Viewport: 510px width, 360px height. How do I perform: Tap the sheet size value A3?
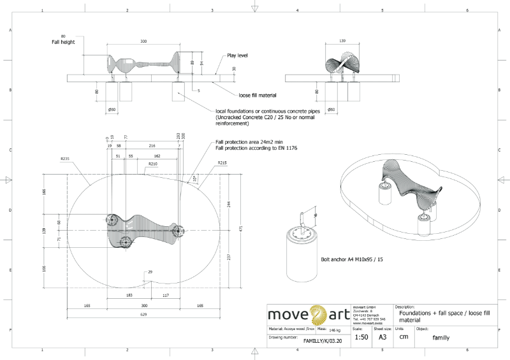[x=382, y=337]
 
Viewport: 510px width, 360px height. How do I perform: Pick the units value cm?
[x=404, y=337]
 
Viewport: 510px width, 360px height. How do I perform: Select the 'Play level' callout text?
[x=237, y=55]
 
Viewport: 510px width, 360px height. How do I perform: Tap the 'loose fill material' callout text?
[x=258, y=95]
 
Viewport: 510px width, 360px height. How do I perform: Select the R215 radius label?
[x=222, y=163]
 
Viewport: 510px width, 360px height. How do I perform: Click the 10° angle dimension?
[x=195, y=178]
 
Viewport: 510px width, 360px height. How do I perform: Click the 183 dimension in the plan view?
[x=129, y=295]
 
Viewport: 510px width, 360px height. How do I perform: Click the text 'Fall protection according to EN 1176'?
[x=257, y=148]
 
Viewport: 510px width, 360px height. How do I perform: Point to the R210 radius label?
[x=152, y=164]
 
